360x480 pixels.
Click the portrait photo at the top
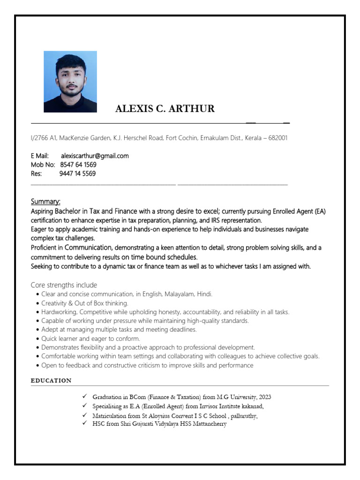(x=70, y=82)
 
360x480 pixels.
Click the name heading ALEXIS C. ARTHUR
(x=165, y=109)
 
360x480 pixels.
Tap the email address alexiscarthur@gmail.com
(x=95, y=156)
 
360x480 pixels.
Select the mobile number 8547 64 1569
(x=79, y=165)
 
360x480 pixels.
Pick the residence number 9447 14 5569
(x=77, y=174)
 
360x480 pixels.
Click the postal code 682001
(x=277, y=138)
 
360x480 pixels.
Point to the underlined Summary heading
(x=45, y=202)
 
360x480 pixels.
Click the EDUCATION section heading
(x=51, y=381)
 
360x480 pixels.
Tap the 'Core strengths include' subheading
(x=64, y=285)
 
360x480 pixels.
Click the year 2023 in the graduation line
(x=264, y=397)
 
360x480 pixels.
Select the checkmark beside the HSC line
(x=84, y=423)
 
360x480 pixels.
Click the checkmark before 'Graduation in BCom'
(x=84, y=397)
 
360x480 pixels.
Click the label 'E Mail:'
(x=40, y=156)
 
